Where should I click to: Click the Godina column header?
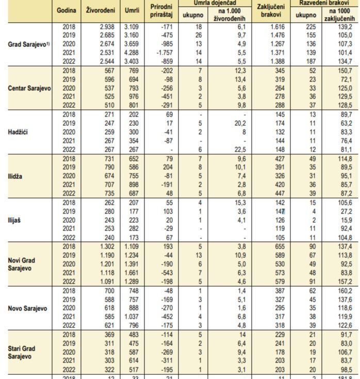(67, 11)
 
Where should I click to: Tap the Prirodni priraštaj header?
(161, 11)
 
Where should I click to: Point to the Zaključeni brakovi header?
(271, 11)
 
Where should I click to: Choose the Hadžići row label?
(18, 133)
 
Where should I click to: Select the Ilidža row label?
(16, 176)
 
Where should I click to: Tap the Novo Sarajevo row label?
(28, 309)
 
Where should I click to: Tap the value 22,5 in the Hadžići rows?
(244, 150)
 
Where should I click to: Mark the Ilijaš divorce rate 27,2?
(346, 212)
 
